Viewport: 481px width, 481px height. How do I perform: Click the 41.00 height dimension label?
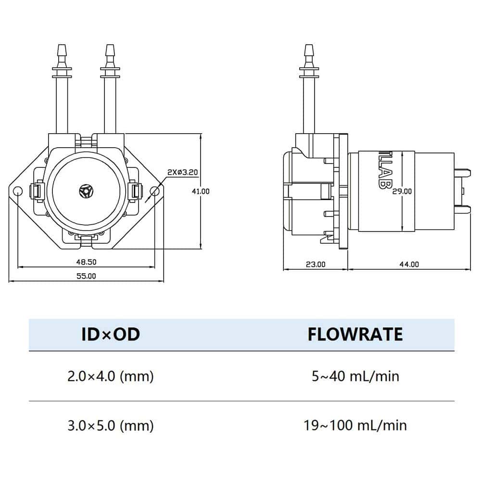pyautogui.click(x=202, y=191)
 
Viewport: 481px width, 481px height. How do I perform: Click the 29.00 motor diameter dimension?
pyautogui.click(x=402, y=191)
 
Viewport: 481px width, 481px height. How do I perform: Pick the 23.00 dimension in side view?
pyautogui.click(x=315, y=264)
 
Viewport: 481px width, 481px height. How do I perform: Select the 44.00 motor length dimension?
pyautogui.click(x=408, y=264)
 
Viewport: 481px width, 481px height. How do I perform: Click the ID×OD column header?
pyautogui.click(x=111, y=334)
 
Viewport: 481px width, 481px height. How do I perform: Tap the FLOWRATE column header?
pyautogui.click(x=355, y=334)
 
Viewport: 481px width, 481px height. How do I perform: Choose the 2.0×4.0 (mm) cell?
pyautogui.click(x=111, y=376)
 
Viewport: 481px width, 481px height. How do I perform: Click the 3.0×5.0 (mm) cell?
pyautogui.click(x=111, y=425)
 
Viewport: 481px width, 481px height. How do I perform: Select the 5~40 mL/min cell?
pyautogui.click(x=355, y=376)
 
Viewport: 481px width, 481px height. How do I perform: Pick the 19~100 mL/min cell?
pyautogui.click(x=355, y=425)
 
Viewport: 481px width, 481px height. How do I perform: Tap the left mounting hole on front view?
pyautogui.click(x=18, y=191)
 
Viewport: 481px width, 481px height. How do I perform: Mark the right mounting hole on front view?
pyautogui.click(x=154, y=191)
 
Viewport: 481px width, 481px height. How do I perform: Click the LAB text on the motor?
pyautogui.click(x=383, y=172)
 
